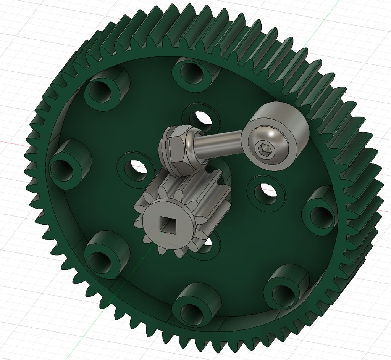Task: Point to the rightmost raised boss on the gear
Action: (321, 210)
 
